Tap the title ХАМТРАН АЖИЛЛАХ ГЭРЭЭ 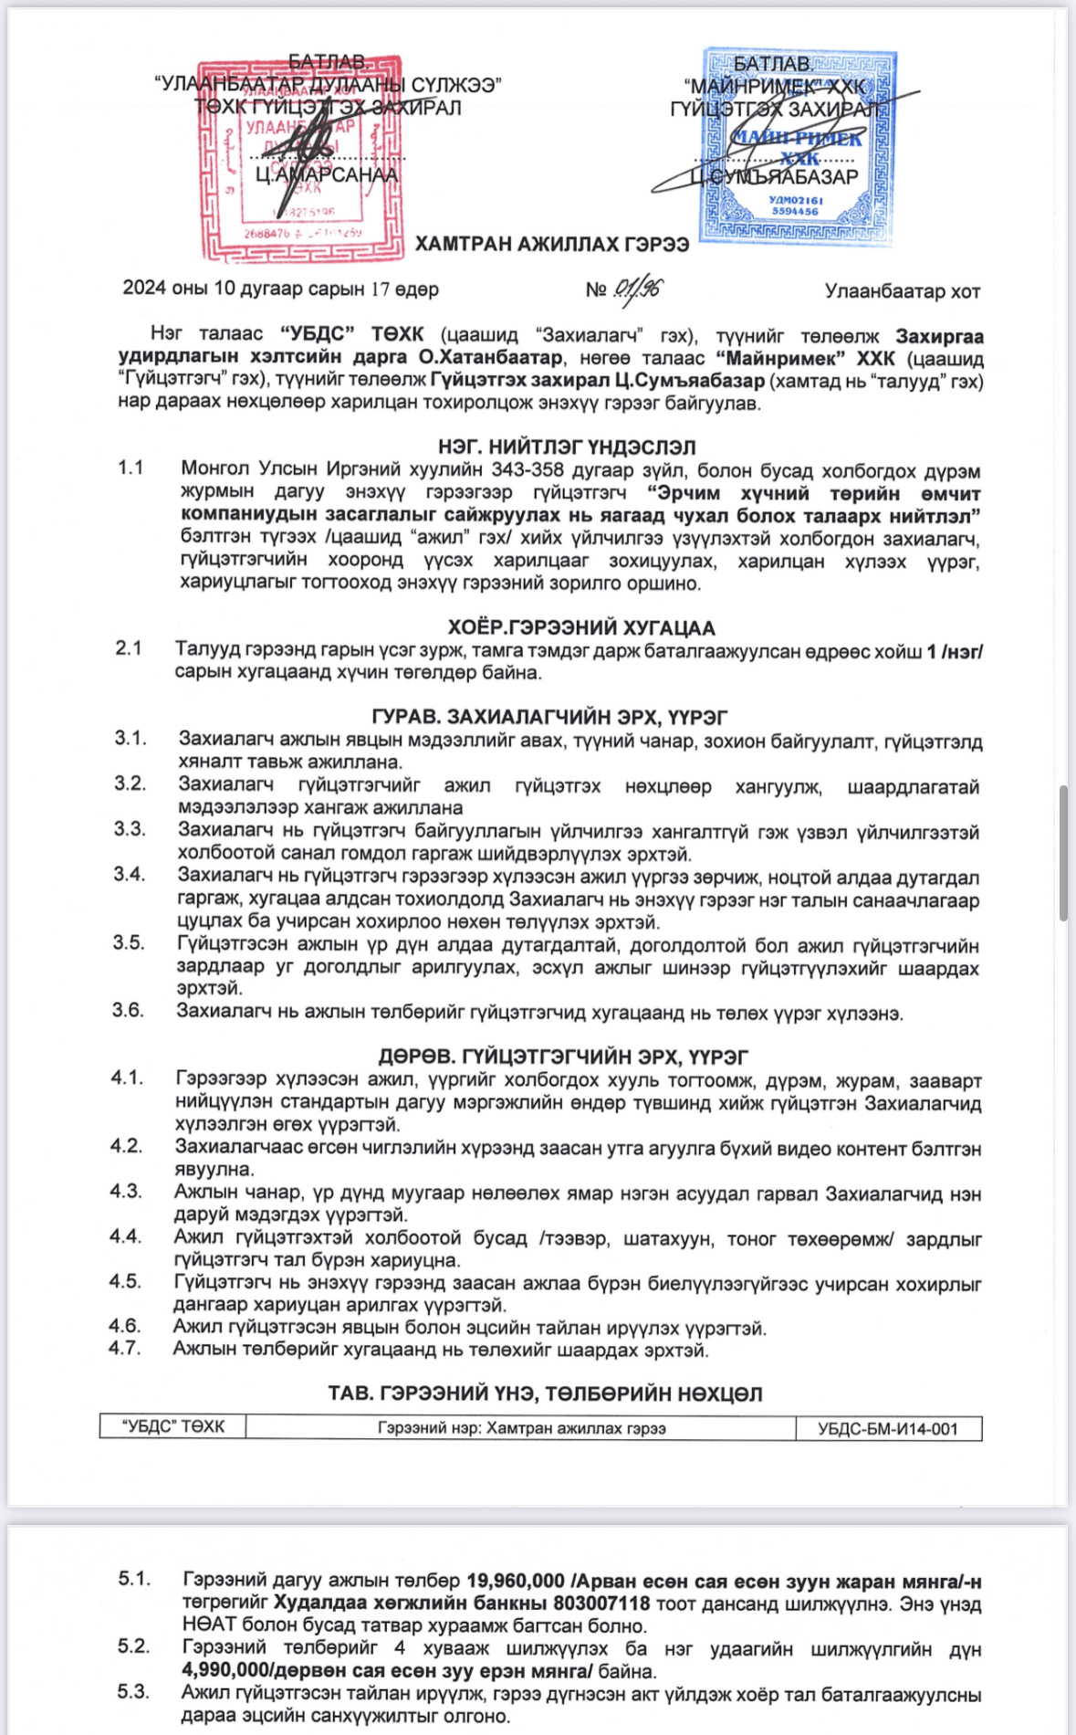point(552,244)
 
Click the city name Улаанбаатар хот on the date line point(902,291)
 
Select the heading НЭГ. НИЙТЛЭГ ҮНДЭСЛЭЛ point(567,447)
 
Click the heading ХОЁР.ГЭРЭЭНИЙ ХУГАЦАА point(581,627)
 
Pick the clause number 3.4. point(130,874)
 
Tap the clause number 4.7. point(125,1348)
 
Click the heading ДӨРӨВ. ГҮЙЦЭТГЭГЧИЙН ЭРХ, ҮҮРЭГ point(563,1057)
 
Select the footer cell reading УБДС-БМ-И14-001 point(888,1428)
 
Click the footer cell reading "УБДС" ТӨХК point(172,1426)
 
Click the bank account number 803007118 point(601,1604)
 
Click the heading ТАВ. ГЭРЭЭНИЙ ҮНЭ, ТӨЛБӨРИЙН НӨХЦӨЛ point(545,1393)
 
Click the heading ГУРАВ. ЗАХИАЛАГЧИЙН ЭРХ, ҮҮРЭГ point(549,717)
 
